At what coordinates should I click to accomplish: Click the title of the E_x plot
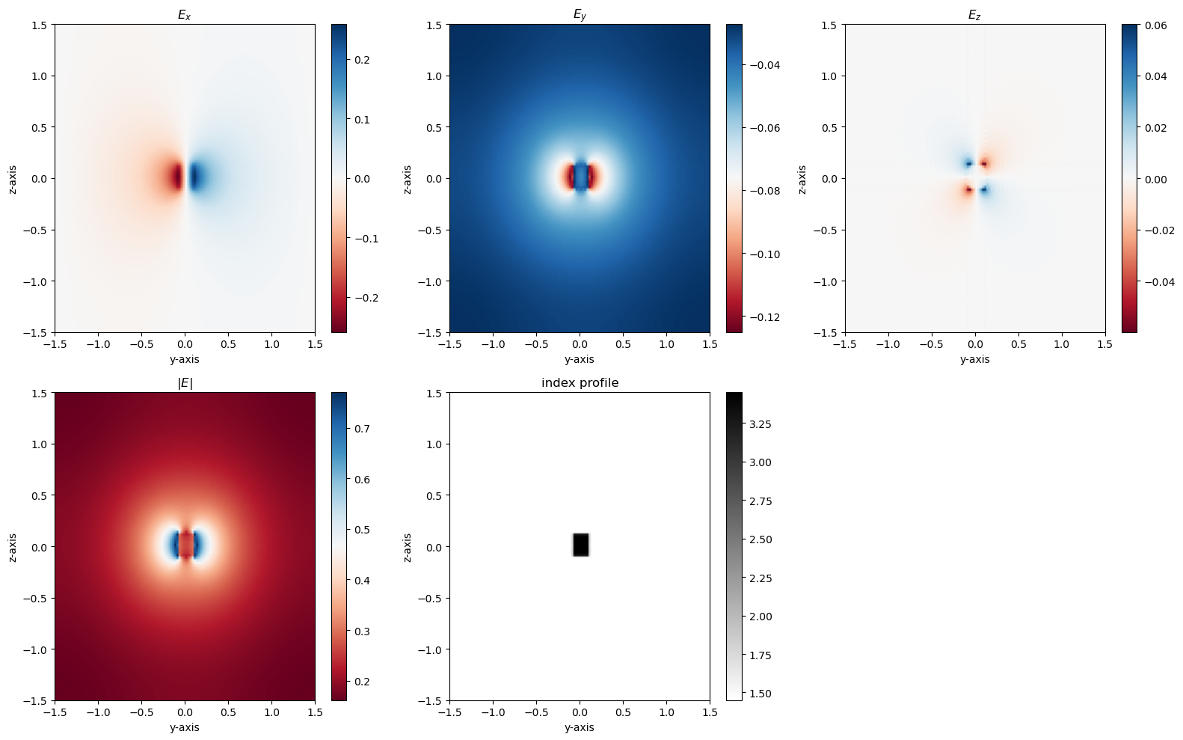point(184,15)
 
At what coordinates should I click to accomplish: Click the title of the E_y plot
point(580,15)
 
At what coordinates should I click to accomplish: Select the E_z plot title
point(974,15)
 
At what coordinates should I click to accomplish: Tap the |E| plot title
point(184,383)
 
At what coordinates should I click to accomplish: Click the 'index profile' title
point(580,383)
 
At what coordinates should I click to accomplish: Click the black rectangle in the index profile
point(581,545)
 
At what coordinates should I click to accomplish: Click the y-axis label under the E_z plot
point(974,359)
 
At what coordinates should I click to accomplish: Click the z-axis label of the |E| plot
point(13,547)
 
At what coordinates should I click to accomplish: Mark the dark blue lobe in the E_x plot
point(195,178)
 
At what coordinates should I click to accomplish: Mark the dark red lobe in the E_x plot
point(177,178)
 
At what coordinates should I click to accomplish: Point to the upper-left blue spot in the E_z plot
point(968,163)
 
